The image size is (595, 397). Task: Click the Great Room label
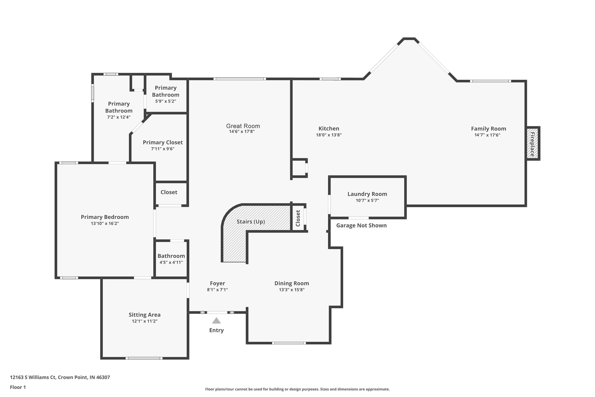[243, 126]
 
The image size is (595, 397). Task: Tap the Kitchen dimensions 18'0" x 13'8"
[329, 135]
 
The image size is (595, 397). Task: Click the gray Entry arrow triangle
[216, 321]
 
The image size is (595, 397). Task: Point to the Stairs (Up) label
[251, 222]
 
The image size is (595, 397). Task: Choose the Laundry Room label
[367, 194]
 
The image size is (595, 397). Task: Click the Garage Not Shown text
[361, 225]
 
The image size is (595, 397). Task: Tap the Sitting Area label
[144, 315]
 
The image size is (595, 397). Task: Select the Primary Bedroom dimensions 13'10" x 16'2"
[105, 223]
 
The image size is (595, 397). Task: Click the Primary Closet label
[163, 142]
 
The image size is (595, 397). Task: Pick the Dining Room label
[292, 283]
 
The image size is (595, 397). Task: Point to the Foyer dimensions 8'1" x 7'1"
[217, 290]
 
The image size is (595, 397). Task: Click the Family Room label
[488, 129]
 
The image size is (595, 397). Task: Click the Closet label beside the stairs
[298, 218]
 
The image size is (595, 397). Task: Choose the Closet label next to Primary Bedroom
[169, 192]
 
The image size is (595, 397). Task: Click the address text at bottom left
[60, 377]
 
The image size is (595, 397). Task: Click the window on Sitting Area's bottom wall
[144, 358]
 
